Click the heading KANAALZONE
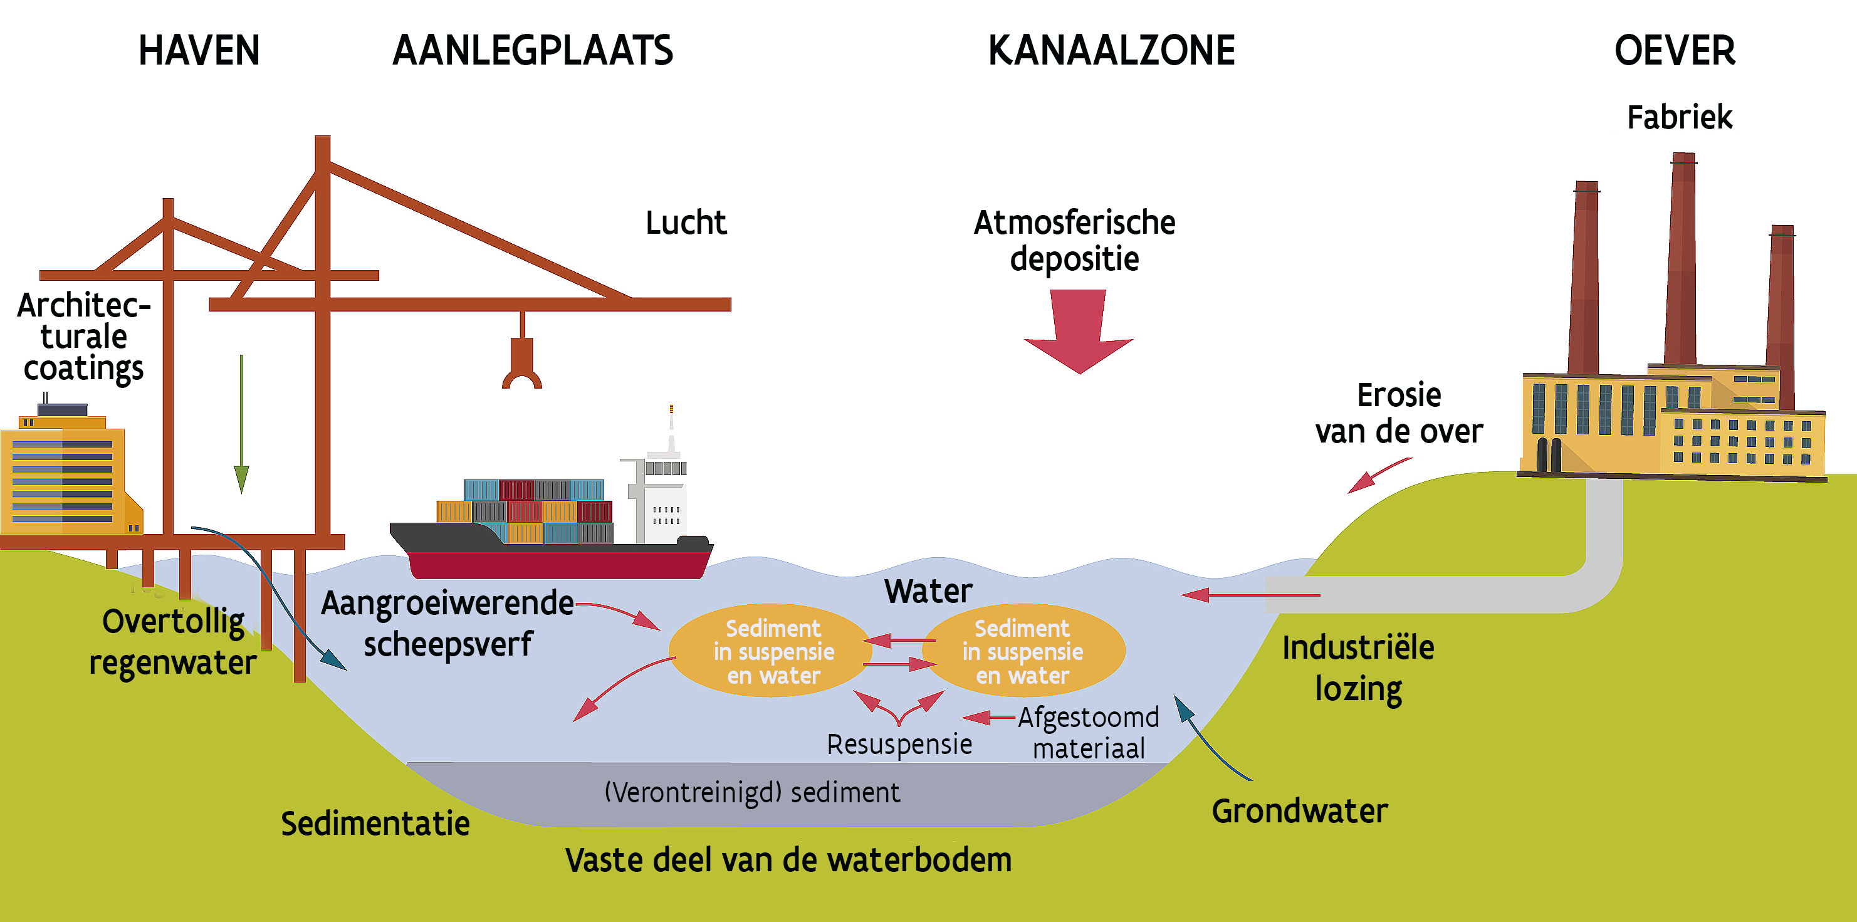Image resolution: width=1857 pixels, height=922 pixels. coord(1111,51)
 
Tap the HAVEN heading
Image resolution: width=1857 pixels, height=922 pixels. coord(198,51)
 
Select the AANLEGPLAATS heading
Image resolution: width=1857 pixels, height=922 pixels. coord(532,51)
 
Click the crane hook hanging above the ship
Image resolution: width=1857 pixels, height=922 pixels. coord(522,364)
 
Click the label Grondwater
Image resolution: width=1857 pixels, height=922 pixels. coord(1299,811)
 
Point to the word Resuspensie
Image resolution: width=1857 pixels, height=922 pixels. coord(899,744)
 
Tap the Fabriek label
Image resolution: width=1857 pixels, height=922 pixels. coord(1679,117)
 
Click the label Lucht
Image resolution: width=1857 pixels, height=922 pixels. coord(686,222)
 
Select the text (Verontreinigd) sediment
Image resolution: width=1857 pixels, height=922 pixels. coord(752,792)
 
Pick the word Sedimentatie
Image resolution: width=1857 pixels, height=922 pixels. coord(375,823)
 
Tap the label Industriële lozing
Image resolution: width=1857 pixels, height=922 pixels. coord(1358,668)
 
